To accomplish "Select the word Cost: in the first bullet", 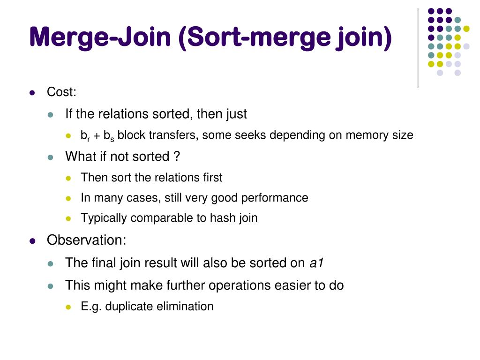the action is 61,92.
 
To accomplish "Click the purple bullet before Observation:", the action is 32,241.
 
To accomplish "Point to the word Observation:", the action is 87,240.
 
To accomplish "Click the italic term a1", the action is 317,263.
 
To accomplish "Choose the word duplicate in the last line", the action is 127,307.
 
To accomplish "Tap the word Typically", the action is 104,218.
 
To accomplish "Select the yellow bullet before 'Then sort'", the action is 68,178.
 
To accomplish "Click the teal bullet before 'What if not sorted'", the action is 51,157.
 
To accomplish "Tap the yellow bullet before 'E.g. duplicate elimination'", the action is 68,307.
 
